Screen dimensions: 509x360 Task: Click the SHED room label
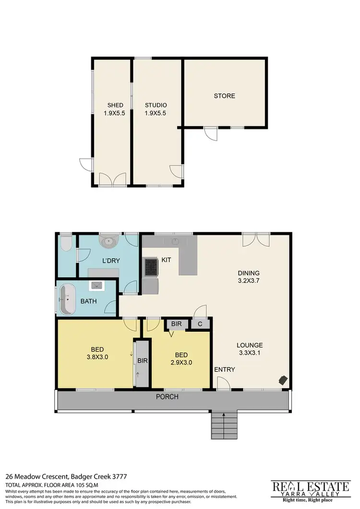(x=115, y=105)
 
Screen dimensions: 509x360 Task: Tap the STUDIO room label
(x=156, y=105)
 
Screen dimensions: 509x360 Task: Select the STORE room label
(x=224, y=96)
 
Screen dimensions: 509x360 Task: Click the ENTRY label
(x=224, y=369)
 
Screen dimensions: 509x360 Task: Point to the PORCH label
(x=168, y=397)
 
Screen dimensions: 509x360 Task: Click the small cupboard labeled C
(x=200, y=324)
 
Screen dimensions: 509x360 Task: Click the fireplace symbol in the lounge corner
(x=283, y=380)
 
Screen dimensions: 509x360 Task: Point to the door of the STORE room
(x=210, y=133)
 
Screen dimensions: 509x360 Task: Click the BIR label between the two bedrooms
(x=142, y=360)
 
